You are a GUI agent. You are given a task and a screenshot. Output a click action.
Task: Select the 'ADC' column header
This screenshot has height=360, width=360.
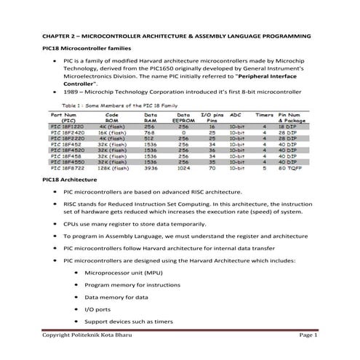(235, 115)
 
